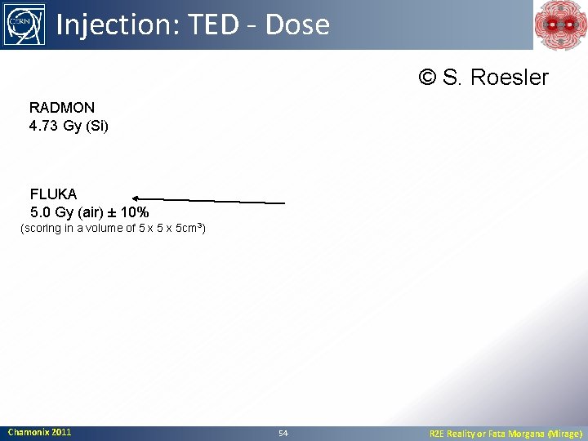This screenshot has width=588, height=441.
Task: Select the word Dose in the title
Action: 297,25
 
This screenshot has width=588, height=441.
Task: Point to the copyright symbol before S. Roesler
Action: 427,78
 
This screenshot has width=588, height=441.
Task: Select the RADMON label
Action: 62,108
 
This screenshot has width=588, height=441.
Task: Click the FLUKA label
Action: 53,194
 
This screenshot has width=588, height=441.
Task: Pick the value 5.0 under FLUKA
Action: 41,213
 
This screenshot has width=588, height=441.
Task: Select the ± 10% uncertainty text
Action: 130,213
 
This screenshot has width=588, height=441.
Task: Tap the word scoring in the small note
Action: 46,229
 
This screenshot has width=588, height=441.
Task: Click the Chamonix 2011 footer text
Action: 39,432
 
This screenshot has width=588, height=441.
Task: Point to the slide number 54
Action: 283,433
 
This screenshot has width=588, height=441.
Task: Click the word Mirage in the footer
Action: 562,434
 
